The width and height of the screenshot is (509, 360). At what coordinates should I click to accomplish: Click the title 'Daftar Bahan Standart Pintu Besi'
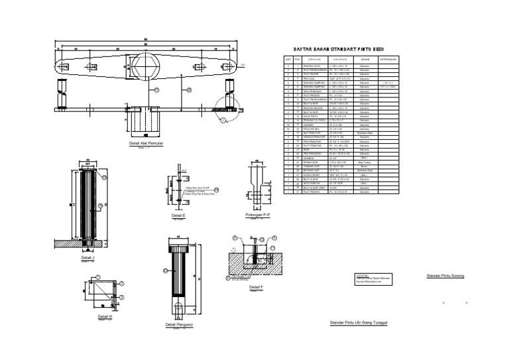click(338, 50)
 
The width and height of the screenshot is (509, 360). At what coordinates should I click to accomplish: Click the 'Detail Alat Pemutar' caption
click(146, 143)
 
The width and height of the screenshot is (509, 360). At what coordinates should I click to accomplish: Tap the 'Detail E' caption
click(178, 215)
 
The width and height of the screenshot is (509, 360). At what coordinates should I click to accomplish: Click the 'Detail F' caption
click(256, 286)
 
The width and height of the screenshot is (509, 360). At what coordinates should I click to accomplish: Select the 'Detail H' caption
click(105, 316)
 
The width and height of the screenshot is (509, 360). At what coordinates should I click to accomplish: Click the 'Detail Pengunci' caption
click(180, 324)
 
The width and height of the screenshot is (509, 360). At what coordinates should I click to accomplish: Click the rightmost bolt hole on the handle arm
click(231, 66)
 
